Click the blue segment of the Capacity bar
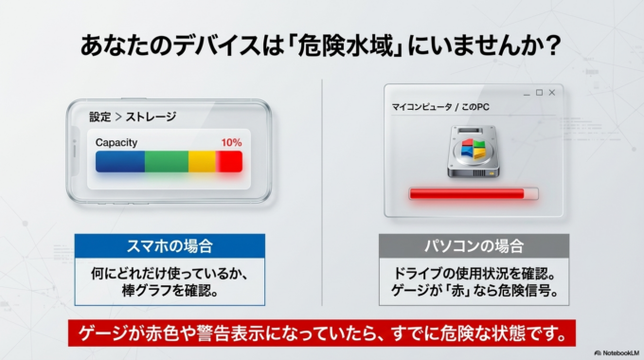click(x=119, y=161)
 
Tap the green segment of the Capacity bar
click(x=166, y=161)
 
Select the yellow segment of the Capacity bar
click(x=202, y=161)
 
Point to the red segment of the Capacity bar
click(x=229, y=161)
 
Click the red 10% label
click(x=231, y=143)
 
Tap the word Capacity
click(x=116, y=143)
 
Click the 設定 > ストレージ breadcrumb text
click(x=133, y=117)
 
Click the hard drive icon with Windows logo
click(x=473, y=154)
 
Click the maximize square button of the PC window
click(x=539, y=92)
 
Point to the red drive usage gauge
click(x=473, y=194)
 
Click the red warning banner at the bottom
click(x=322, y=333)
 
